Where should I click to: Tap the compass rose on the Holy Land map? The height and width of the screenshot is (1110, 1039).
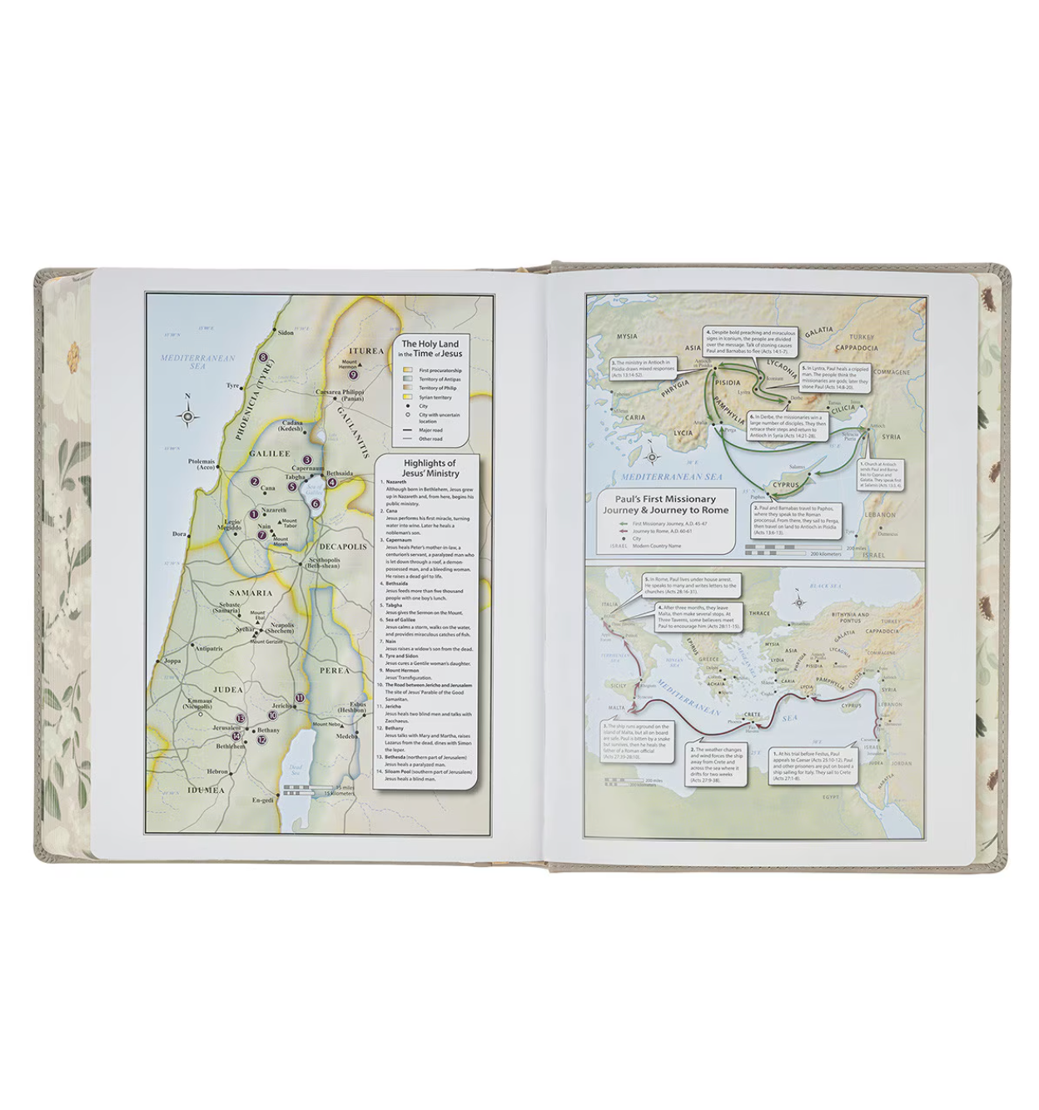(188, 417)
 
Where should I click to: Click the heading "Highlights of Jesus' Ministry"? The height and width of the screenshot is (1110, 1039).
(429, 468)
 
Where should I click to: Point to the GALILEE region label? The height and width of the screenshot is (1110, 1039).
(270, 454)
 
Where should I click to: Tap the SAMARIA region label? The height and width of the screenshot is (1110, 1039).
(251, 593)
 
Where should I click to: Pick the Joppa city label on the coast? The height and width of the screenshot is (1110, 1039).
(172, 662)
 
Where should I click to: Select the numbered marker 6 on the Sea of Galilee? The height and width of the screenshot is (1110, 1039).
(316, 503)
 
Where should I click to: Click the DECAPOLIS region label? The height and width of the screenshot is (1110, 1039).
(342, 547)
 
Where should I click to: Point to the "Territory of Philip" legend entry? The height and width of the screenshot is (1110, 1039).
(437, 388)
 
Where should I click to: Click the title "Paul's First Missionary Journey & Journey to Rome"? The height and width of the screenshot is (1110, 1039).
(665, 505)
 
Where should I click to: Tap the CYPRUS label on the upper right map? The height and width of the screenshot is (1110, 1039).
(785, 485)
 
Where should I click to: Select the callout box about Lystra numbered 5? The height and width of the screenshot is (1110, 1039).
(834, 377)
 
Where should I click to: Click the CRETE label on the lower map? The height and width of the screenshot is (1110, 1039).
(751, 715)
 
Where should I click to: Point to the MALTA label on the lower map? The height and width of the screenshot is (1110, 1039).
(616, 708)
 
